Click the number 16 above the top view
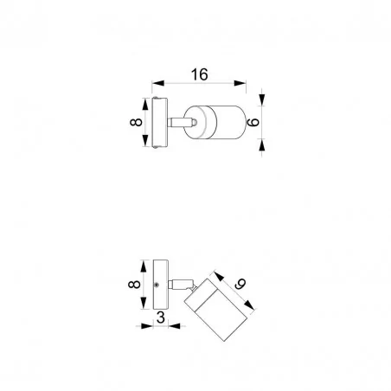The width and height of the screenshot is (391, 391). tap(200, 74)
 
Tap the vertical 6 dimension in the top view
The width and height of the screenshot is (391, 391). tap(254, 125)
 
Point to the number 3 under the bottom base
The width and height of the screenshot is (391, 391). tap(161, 317)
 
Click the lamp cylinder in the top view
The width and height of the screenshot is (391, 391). tap(221, 125)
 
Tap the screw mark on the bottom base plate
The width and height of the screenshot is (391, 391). tap(156, 285)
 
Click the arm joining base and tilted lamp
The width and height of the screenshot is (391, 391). tap(178, 284)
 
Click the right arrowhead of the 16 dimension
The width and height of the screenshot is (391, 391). tap(244, 84)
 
